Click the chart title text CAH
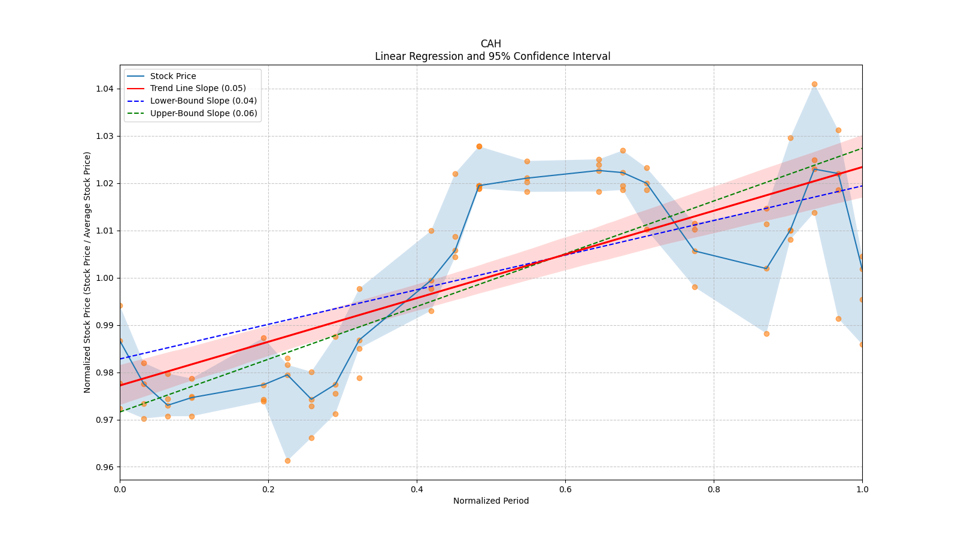coord(490,44)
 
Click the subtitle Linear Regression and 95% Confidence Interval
coord(492,56)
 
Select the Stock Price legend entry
coord(173,76)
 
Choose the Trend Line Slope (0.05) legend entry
coord(198,89)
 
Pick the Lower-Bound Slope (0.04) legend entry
coord(203,101)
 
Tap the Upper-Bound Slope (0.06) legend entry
coord(203,114)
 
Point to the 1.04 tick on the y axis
coord(105,89)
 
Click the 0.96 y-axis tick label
coord(105,467)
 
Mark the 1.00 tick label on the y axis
coord(105,278)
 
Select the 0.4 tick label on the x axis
coord(417,489)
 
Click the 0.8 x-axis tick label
coord(714,489)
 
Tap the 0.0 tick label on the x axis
coord(120,489)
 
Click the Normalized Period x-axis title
coord(491,501)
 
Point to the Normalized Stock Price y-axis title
coord(87,272)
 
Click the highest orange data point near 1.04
coord(814,84)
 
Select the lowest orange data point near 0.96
coord(287,461)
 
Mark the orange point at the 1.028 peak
coord(479,146)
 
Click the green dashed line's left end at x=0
coord(120,411)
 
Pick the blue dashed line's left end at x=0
coord(120,359)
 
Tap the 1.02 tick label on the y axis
coord(105,183)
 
